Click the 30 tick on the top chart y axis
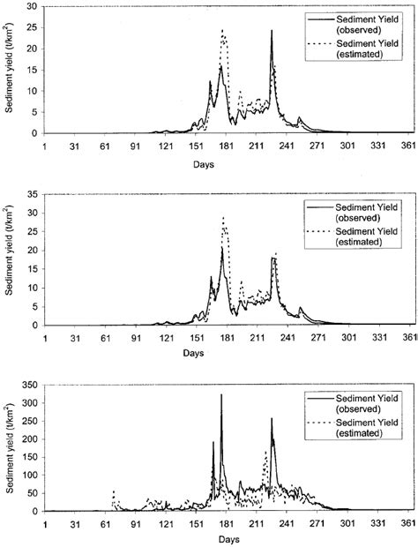[x=33, y=6]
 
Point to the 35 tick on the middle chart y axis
[x=33, y=192]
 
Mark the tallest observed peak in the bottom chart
[x=221, y=394]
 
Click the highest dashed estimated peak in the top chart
[x=223, y=31]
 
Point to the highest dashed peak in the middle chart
[x=223, y=217]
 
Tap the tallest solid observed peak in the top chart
[x=272, y=31]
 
